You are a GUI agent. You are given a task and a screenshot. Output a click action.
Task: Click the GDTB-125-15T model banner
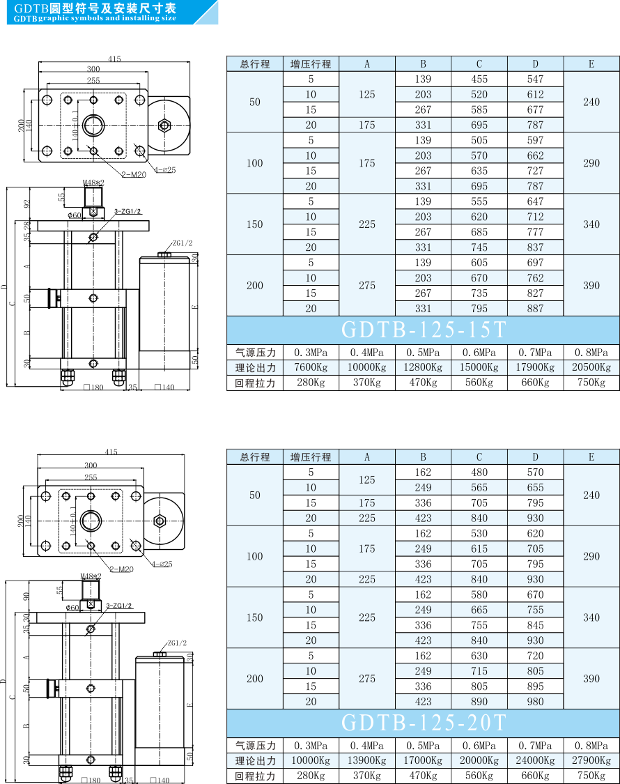[x=423, y=330]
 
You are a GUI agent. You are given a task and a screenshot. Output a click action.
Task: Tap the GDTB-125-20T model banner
[x=423, y=723]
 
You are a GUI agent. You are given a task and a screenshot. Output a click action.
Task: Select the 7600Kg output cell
[x=311, y=367]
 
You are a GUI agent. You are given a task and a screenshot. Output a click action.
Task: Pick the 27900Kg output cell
[x=591, y=760]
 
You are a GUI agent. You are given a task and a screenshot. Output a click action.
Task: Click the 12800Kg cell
[x=423, y=367]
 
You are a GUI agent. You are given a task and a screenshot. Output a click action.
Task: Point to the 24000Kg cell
[x=536, y=760]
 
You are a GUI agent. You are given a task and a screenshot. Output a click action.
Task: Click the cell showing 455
[x=479, y=79]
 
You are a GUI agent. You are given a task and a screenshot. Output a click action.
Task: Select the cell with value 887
[x=536, y=309]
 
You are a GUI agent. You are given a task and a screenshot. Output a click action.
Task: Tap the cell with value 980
[x=536, y=702]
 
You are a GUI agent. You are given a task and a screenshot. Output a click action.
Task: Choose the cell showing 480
[x=479, y=472]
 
